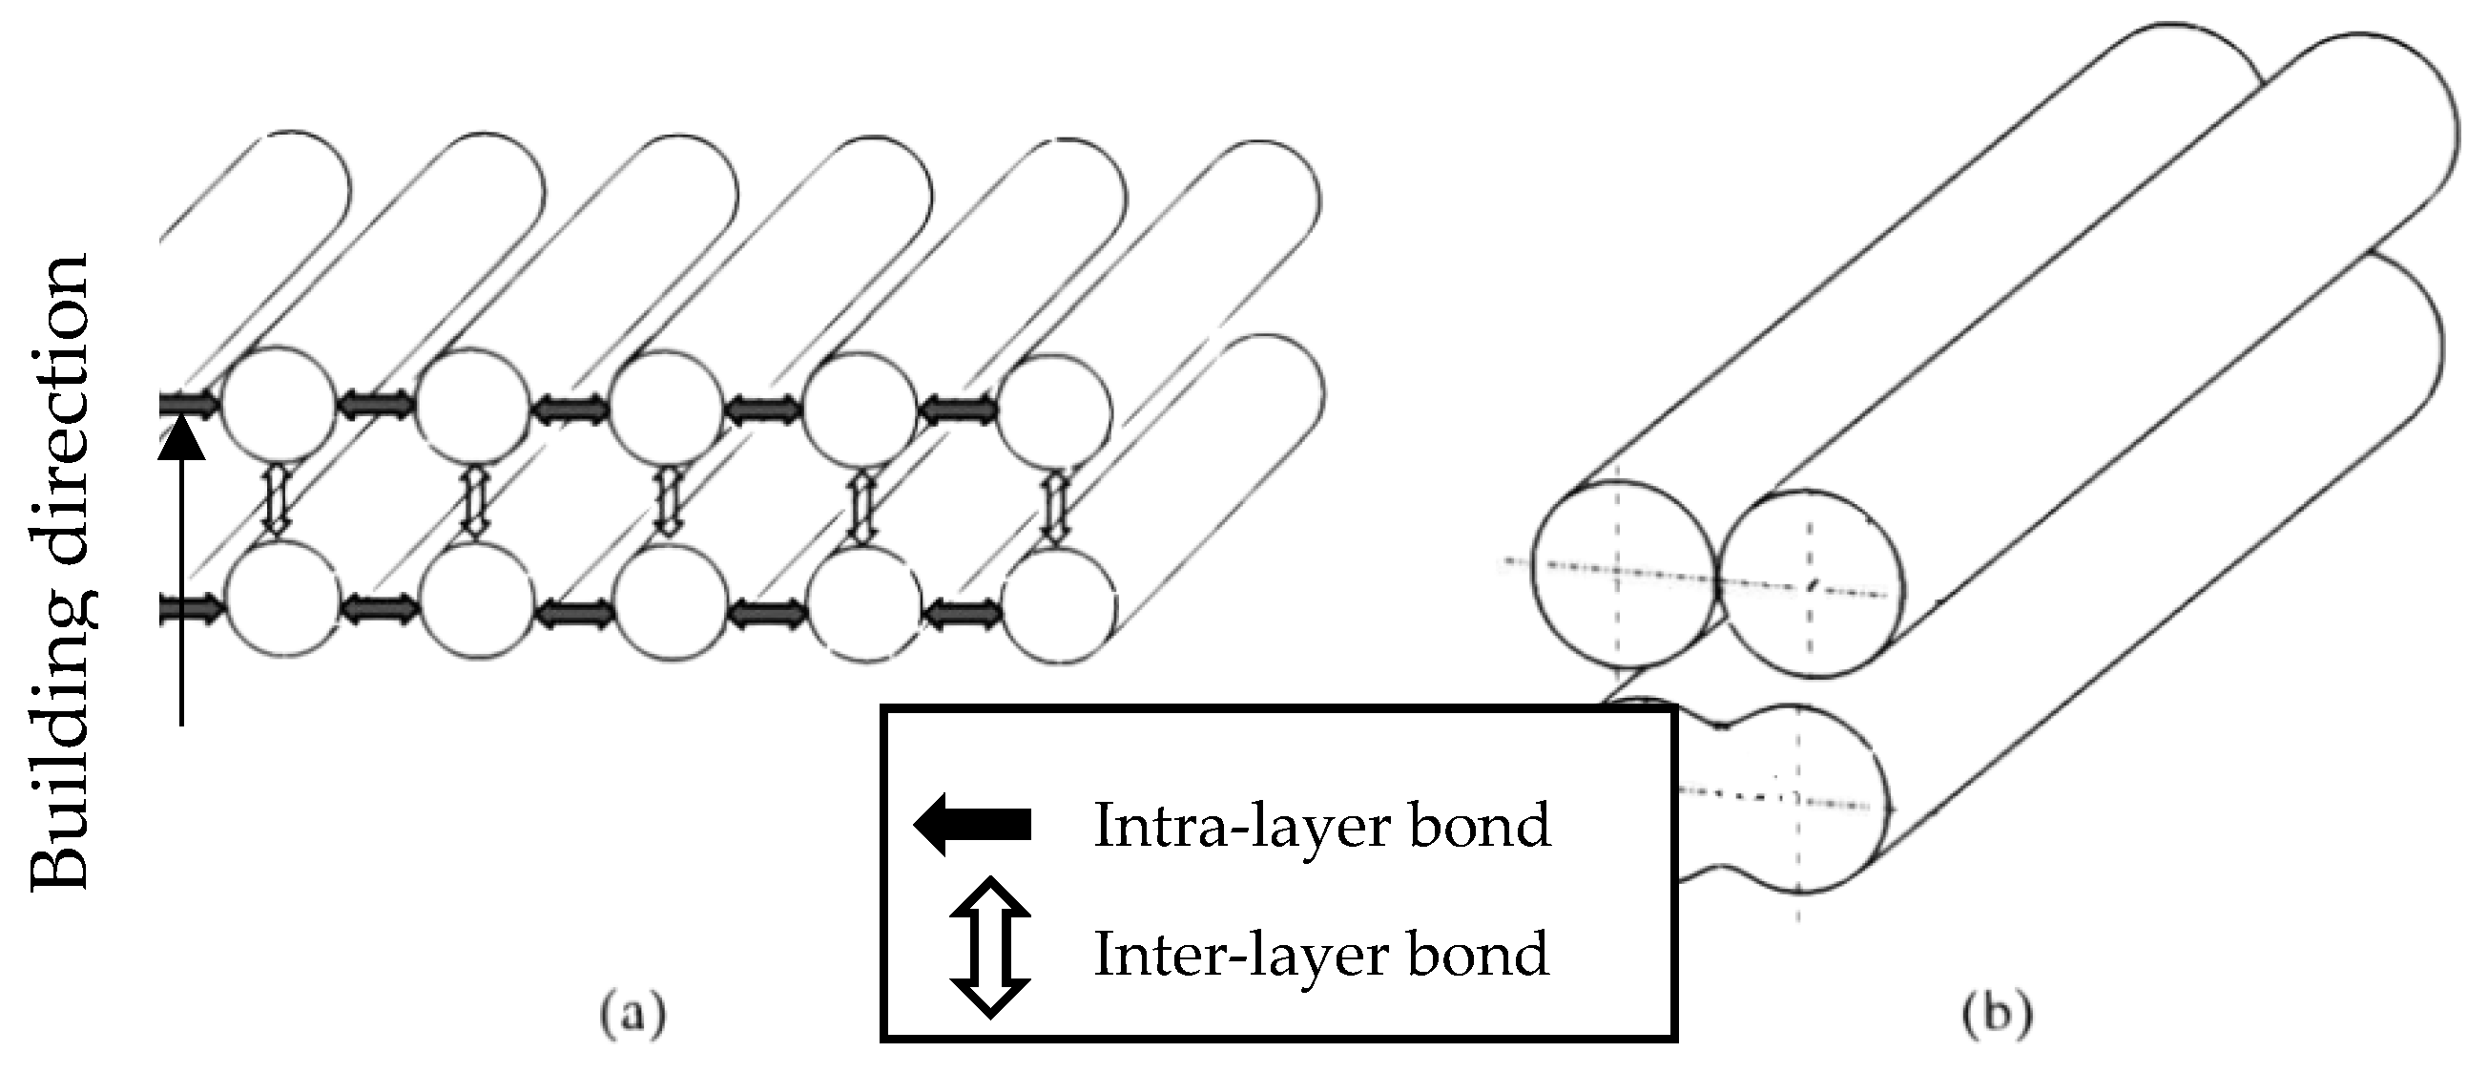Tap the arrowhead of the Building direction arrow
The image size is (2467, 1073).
(181, 442)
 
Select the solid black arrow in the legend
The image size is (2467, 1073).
(972, 823)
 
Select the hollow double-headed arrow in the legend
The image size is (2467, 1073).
(990, 947)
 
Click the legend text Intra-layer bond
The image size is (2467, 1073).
(1321, 825)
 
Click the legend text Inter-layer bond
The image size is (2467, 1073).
(1321, 954)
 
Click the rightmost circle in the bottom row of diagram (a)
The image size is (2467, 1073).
(1059, 605)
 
